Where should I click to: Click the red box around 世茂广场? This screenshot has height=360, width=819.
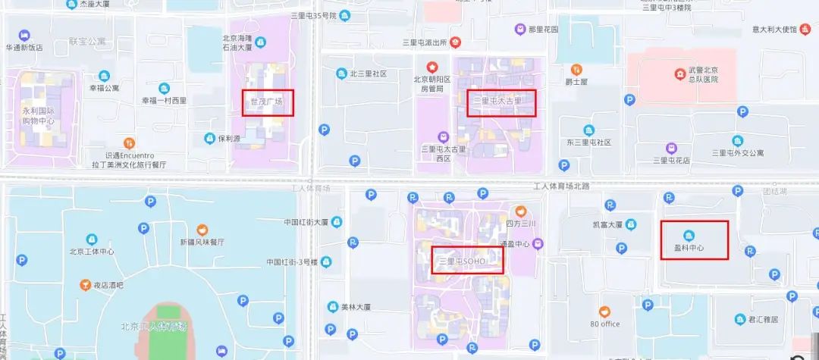point(268,103)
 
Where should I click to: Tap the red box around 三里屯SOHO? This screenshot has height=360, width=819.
point(467,260)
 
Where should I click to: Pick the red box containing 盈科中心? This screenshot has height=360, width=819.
point(694,240)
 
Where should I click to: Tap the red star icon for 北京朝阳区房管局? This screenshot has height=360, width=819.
point(432,67)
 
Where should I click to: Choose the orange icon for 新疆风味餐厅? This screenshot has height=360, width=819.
point(202,229)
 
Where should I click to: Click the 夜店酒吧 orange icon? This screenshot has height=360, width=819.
point(86,285)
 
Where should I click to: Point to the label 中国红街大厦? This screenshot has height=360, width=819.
point(306,223)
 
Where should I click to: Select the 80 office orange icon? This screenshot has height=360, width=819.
point(604,311)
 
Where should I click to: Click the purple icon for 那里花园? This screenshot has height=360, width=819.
point(520,30)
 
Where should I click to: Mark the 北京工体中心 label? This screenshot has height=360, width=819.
point(92,252)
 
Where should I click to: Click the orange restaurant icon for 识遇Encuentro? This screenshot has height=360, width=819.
point(130,142)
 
